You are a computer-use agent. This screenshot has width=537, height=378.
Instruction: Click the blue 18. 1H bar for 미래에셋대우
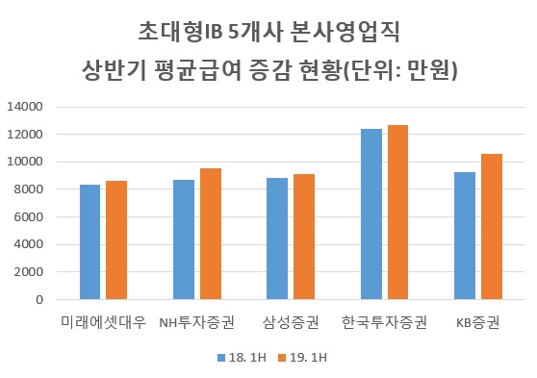90,242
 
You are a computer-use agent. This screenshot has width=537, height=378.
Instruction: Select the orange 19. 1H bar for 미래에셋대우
116,240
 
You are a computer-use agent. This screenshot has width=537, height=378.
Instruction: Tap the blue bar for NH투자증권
184,239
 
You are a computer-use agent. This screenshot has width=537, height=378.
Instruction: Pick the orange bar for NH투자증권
211,234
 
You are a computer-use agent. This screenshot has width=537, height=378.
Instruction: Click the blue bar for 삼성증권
277,239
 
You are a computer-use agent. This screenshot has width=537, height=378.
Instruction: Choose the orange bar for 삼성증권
304,237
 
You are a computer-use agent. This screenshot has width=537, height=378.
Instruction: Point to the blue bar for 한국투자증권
371,214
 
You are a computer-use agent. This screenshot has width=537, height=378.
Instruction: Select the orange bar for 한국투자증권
397,213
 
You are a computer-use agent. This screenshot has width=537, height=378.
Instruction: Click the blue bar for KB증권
465,236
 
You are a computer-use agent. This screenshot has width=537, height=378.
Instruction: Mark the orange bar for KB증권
492,227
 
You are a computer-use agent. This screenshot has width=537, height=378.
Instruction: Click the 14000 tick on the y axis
25,107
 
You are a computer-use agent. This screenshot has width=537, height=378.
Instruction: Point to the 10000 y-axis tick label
25,162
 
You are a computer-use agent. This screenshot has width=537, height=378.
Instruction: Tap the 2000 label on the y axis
29,272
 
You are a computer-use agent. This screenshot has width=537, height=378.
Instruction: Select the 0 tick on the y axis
39,299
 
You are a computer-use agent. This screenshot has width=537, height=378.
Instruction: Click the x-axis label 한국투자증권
384,322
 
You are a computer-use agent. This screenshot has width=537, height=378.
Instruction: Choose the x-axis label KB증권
477,322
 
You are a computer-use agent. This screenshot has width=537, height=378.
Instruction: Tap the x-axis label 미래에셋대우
103,322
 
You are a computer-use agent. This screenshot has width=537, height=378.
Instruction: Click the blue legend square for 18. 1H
221,358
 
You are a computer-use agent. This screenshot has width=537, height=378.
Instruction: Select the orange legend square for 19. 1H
282,358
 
